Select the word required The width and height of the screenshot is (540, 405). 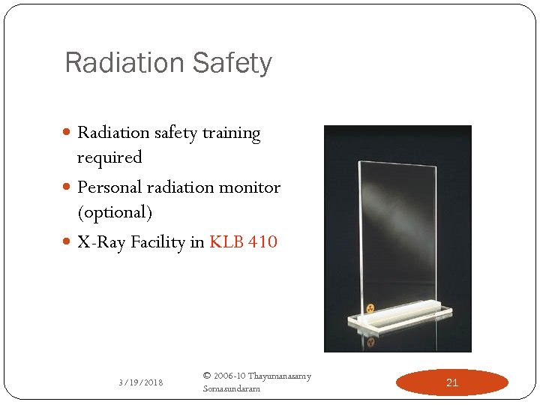click(109, 157)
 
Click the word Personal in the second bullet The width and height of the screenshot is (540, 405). click(109, 187)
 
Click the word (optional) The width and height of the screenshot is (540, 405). click(115, 212)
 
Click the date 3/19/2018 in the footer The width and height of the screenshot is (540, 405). click(141, 382)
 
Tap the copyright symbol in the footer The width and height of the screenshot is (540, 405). click(207, 376)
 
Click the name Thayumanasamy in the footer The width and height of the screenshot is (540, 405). click(279, 376)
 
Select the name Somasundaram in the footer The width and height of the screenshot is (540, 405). click(232, 388)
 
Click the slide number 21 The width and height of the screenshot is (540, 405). click(451, 382)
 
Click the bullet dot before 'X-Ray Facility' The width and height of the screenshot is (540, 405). click(68, 243)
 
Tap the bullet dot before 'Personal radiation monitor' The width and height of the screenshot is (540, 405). click(68, 188)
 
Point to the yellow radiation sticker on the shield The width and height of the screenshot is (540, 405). click(370, 307)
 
